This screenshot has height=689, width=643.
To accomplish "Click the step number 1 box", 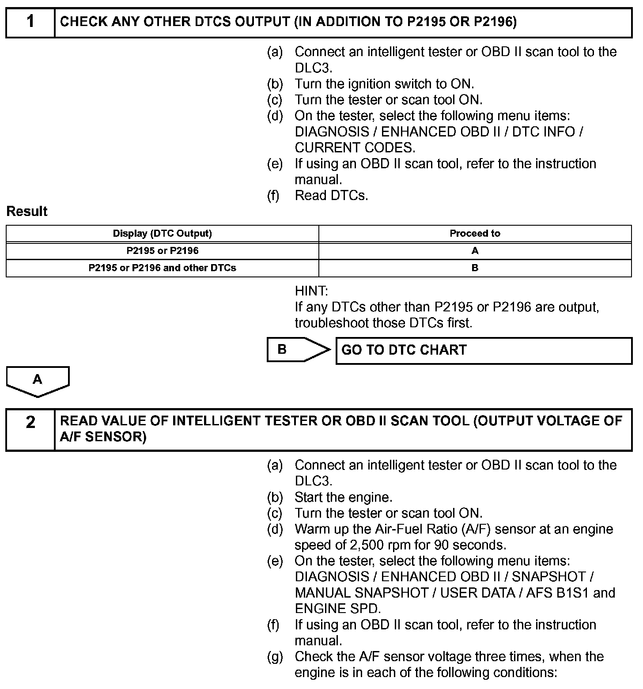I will [x=30, y=22].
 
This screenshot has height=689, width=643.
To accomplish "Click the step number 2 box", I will [x=30, y=429].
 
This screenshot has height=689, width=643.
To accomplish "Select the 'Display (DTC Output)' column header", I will [x=162, y=233].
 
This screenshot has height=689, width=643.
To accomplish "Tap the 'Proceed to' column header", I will [x=475, y=233].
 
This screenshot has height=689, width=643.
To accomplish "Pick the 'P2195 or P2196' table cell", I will [x=162, y=251].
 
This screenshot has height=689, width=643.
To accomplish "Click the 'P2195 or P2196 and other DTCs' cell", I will [x=162, y=268].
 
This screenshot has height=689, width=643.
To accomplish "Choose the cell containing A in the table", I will [x=475, y=251].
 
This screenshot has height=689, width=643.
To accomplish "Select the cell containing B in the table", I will [x=475, y=268].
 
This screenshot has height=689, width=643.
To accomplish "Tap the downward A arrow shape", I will [x=38, y=380].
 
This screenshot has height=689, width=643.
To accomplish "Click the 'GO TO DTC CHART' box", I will [x=484, y=351].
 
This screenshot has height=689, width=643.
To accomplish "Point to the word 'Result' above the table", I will [x=27, y=212].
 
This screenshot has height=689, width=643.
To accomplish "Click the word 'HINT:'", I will [x=311, y=291].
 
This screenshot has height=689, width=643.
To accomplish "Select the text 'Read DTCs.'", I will [x=331, y=196].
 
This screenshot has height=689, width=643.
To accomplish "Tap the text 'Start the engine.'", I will [x=343, y=497].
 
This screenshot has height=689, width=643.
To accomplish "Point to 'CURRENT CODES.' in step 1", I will [x=355, y=148].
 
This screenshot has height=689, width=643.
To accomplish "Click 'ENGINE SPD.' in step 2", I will [x=337, y=609].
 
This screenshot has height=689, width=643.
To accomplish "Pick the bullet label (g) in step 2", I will [x=275, y=657].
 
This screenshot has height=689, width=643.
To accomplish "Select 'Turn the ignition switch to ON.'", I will [x=384, y=84].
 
